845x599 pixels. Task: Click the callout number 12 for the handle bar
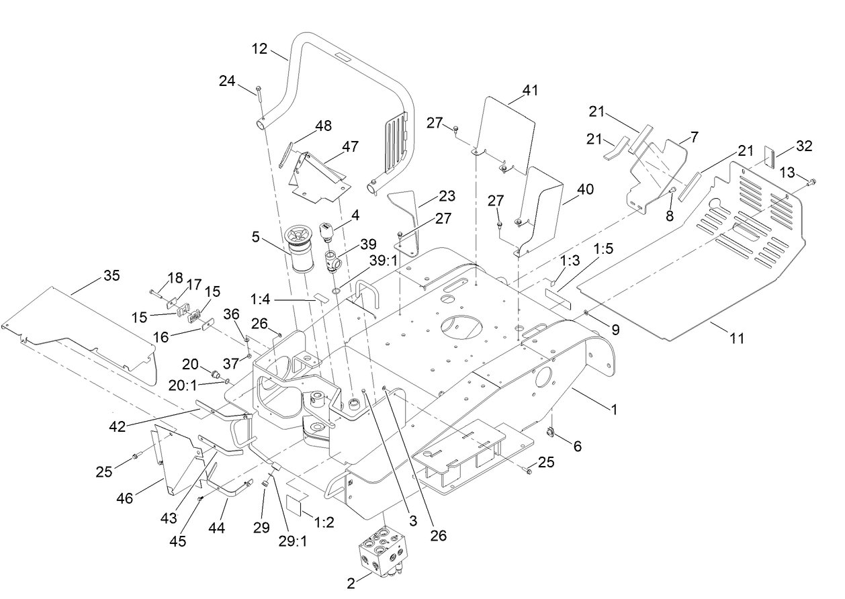point(260,49)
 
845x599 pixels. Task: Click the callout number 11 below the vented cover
point(738,338)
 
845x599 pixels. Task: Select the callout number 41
point(531,90)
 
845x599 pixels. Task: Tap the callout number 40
point(585,189)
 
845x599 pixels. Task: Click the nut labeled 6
point(550,433)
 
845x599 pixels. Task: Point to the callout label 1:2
point(323,522)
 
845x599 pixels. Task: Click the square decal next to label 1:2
point(294,505)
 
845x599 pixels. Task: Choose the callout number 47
point(350,146)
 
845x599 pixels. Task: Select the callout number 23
point(446,196)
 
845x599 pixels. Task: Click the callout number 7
point(694,136)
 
